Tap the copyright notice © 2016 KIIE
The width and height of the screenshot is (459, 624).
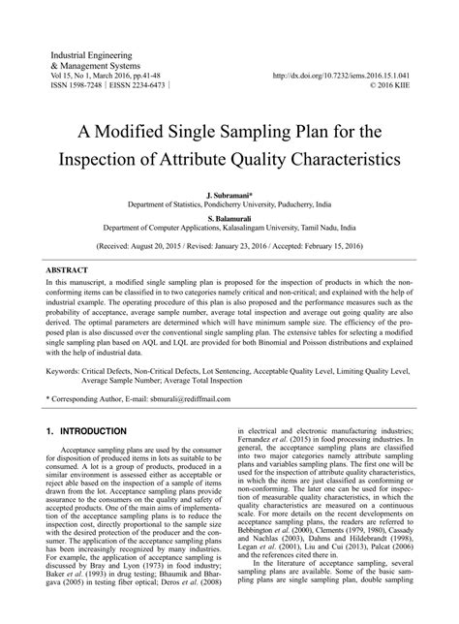coord(397,85)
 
